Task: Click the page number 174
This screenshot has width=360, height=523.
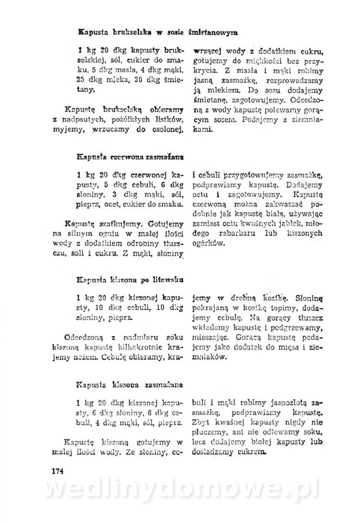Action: pos(58,471)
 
